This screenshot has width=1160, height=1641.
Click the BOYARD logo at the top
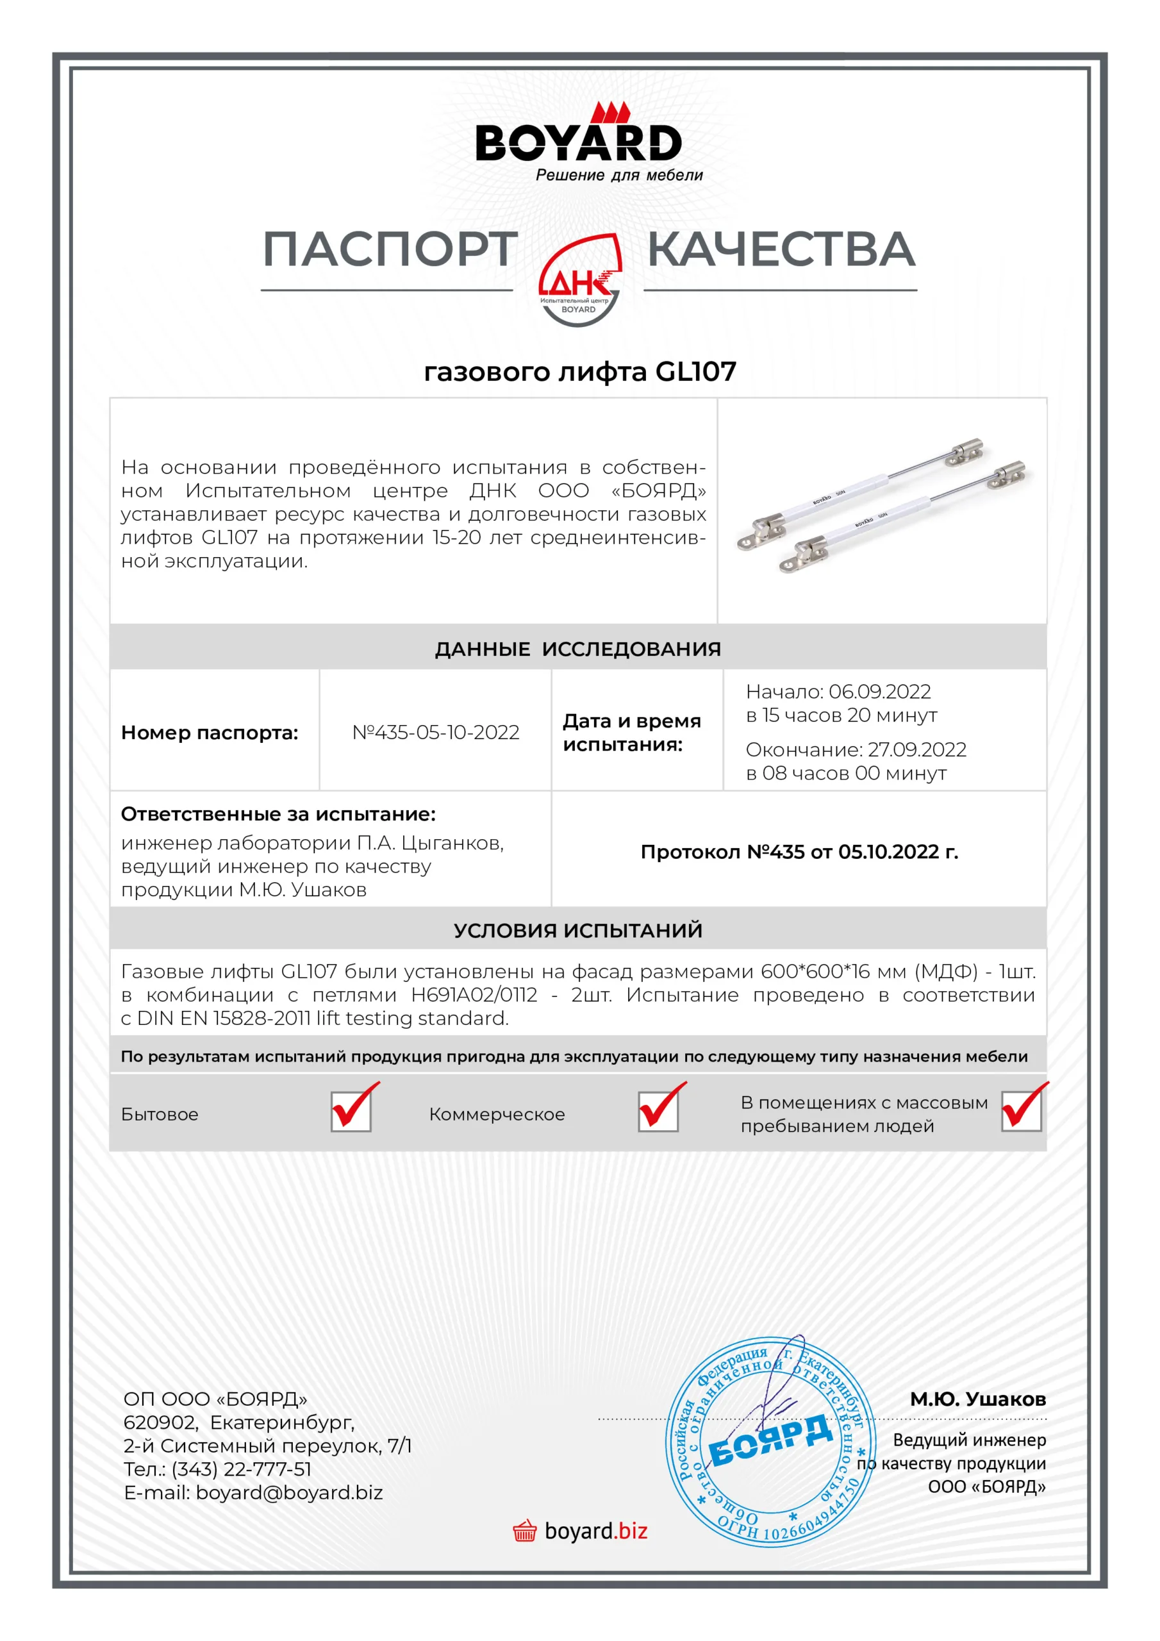(579, 142)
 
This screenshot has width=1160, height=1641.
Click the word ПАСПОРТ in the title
(390, 250)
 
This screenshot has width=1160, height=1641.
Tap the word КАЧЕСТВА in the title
(781, 250)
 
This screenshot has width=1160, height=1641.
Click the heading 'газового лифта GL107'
(579, 372)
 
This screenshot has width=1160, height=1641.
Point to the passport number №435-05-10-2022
(435, 733)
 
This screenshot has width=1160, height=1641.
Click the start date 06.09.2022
(879, 692)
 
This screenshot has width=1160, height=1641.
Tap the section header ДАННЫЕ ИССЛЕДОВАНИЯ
(577, 649)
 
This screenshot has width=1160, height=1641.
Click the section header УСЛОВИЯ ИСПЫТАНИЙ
(577, 931)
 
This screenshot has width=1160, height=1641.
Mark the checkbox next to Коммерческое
(658, 1112)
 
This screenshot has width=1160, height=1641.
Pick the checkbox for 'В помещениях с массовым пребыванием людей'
(1021, 1112)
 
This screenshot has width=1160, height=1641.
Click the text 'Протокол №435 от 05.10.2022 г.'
(799, 852)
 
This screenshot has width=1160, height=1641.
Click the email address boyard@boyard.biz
(290, 1493)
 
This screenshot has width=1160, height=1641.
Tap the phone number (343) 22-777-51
(242, 1469)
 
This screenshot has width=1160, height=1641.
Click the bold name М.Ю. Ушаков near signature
(977, 1399)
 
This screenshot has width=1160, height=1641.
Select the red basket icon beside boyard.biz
(525, 1531)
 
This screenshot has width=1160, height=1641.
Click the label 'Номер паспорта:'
(210, 733)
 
